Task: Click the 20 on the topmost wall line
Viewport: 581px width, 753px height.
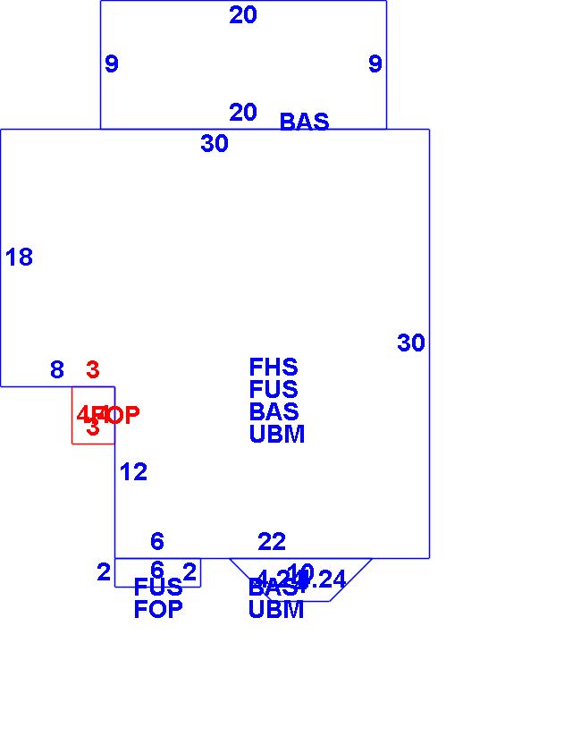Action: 243,15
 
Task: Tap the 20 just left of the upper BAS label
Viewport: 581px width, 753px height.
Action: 243,113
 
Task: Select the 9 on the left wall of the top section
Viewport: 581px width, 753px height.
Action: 112,64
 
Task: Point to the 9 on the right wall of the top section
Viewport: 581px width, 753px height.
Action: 375,64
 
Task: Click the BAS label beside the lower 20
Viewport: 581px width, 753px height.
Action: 304,122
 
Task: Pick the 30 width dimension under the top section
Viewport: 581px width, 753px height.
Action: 215,144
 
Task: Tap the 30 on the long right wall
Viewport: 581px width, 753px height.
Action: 411,343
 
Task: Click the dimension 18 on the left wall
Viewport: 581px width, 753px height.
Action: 19,258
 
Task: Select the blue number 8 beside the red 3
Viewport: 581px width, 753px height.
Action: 57,370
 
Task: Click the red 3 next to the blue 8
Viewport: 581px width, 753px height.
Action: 93,369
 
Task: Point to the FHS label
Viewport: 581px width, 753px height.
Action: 274,368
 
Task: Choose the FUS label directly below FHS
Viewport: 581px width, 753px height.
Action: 274,390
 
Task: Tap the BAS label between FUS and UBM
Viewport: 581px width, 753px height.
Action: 274,412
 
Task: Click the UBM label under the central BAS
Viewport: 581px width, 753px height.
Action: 277,435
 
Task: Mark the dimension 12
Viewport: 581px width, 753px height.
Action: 133,472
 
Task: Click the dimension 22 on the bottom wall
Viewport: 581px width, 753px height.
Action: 272,542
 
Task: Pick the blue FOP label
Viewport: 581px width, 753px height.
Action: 158,610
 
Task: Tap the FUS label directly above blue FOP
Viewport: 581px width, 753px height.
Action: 158,588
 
